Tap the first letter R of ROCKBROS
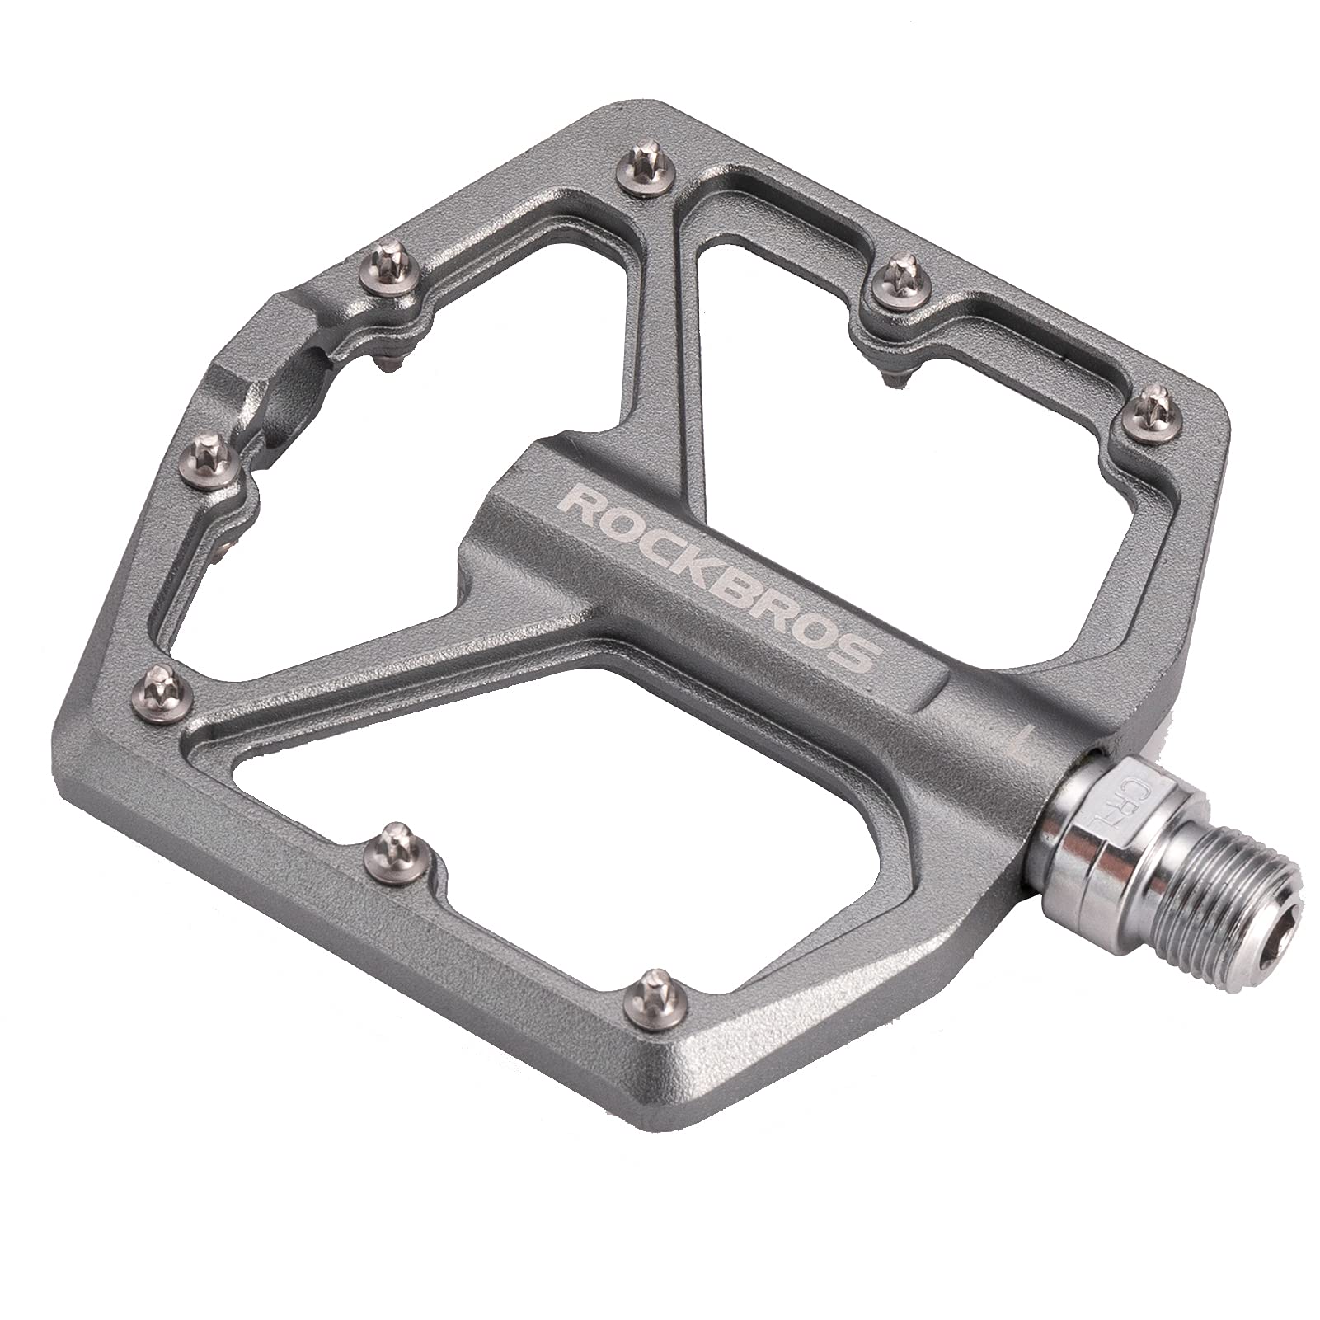tap(577, 505)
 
